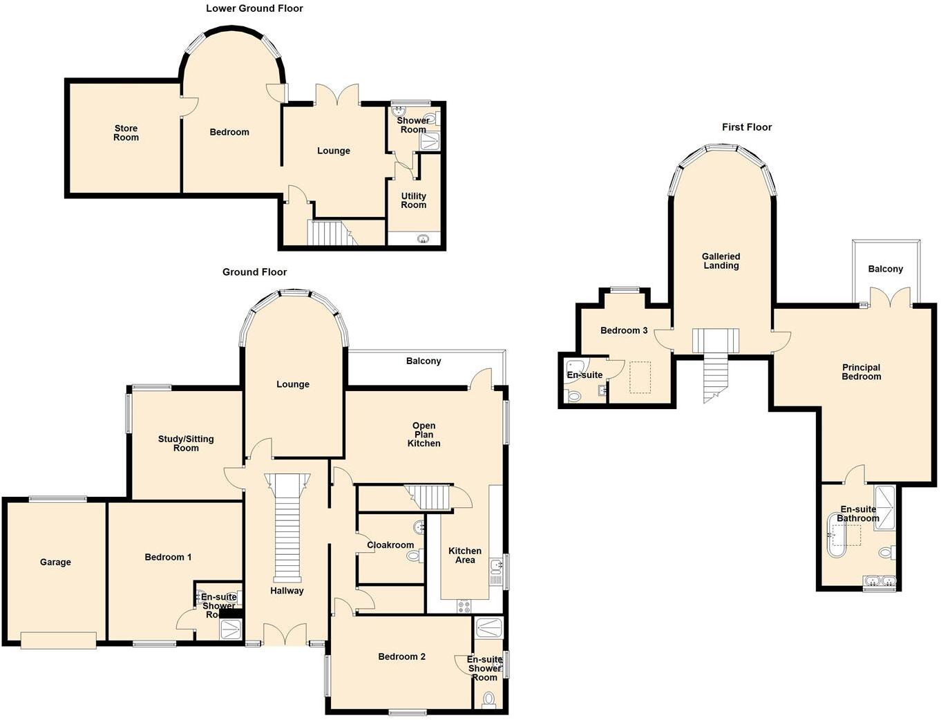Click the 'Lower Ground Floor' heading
pos(254,8)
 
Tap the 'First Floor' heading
pos(747,127)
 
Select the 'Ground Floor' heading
pos(254,272)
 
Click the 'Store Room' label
pos(126,133)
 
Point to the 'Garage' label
pos(55,562)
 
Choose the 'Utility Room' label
pos(413,200)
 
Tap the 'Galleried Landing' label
pos(721,260)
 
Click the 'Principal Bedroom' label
pos(861,372)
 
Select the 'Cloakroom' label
pos(390,545)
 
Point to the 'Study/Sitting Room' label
pos(186,443)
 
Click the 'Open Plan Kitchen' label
pos(424,435)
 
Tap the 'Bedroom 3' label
pos(624,330)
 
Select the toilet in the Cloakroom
pos(414,555)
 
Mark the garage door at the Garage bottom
pos(59,641)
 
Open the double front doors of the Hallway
pos(286,634)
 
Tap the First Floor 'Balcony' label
pos(885,269)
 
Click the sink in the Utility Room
pos(423,239)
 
